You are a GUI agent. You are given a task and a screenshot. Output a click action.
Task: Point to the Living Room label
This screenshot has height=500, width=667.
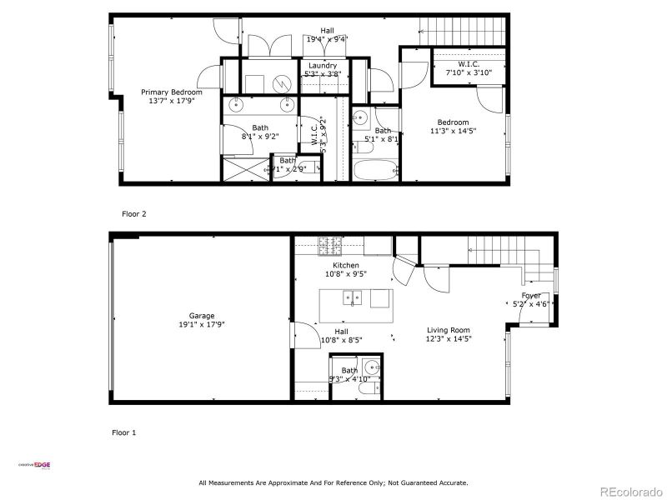[449, 330]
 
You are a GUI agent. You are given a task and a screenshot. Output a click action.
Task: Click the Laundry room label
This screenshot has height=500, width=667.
[323, 66]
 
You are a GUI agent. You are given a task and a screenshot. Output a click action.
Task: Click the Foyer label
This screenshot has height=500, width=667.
[531, 296]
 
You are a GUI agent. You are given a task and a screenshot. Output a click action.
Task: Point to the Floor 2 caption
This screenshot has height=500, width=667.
[134, 214]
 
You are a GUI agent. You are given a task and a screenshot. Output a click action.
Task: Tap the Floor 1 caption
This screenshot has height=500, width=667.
[123, 432]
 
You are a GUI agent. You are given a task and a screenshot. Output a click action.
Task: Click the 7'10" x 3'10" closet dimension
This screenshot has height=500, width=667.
[469, 73]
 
